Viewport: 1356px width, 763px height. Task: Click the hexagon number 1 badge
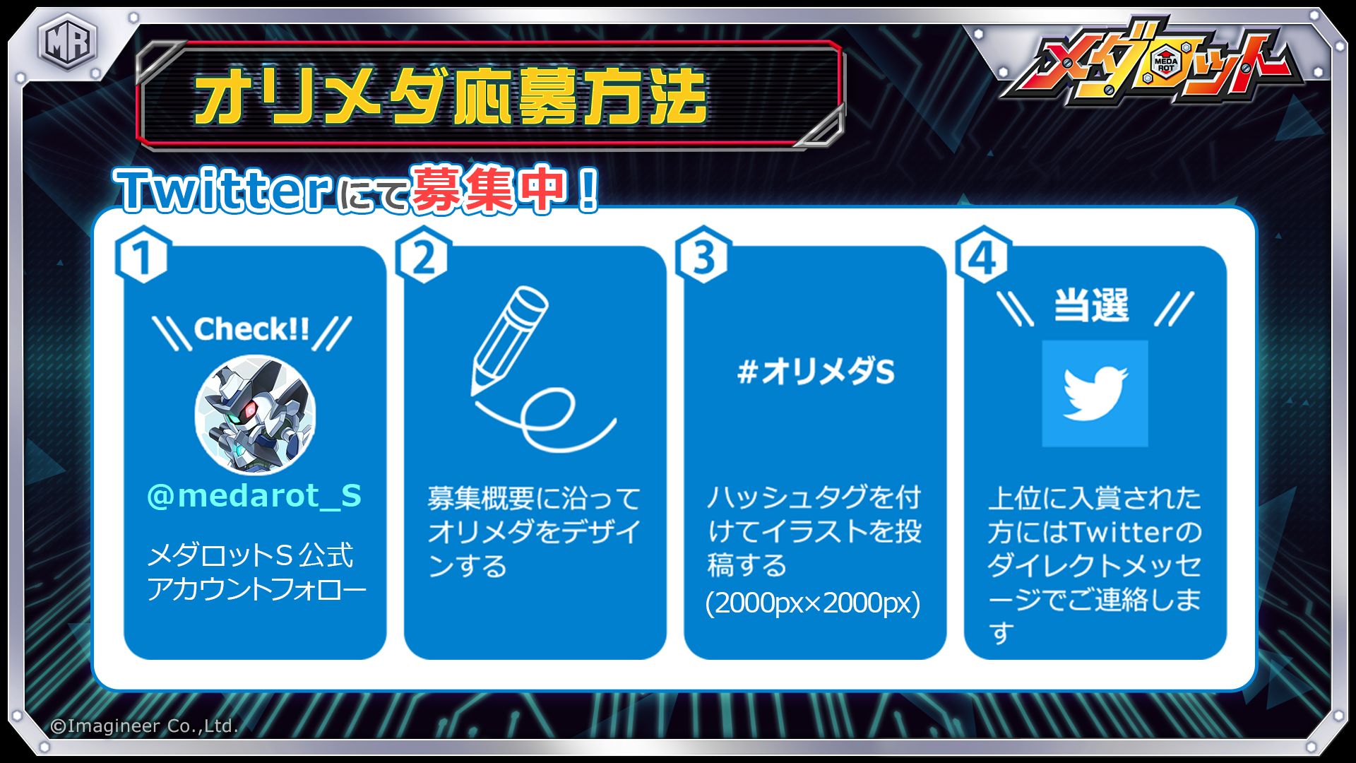coord(143,256)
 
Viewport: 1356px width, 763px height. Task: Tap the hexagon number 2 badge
coord(423,256)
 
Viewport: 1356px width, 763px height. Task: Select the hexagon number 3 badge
coord(703,256)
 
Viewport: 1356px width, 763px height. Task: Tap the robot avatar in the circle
coord(255,415)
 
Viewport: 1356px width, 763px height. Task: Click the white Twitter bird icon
coord(1095,392)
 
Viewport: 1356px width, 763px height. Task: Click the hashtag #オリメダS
coord(816,371)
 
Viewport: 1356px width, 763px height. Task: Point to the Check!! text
coord(251,329)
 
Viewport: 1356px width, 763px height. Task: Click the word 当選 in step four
coord(1091,307)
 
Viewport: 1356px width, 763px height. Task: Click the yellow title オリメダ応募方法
coord(451,97)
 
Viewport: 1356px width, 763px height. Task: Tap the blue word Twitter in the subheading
coord(224,190)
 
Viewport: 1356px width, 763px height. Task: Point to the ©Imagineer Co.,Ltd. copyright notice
coord(144,726)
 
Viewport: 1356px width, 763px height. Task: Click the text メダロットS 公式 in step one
coord(250,555)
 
